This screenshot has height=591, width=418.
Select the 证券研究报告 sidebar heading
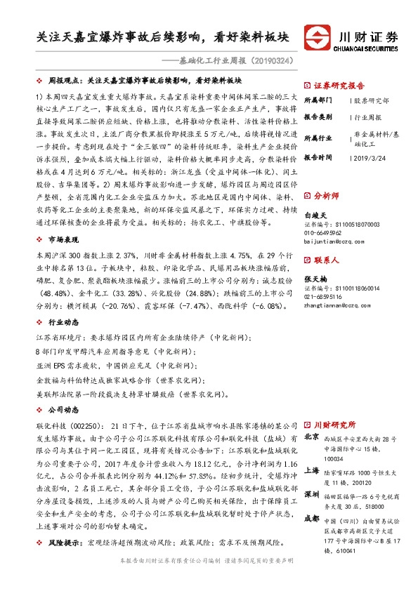[337, 84]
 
